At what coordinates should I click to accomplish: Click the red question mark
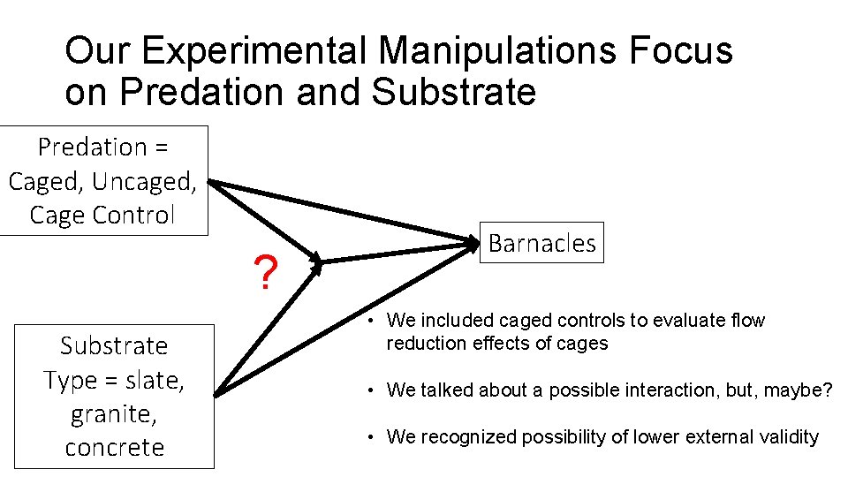(264, 274)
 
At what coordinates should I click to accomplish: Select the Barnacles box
(541, 243)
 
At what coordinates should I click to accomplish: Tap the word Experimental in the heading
(253, 51)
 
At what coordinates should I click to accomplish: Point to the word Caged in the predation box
(43, 181)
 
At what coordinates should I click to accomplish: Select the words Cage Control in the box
(102, 215)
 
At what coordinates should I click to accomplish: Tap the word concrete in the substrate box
(114, 447)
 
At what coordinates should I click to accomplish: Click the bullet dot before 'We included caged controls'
(375, 321)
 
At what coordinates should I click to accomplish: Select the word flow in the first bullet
(747, 320)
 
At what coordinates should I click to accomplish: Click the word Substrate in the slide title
(454, 91)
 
